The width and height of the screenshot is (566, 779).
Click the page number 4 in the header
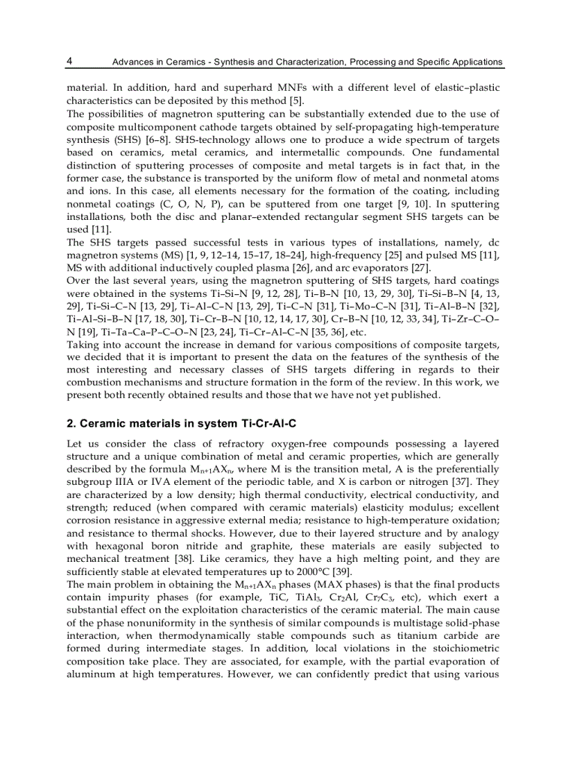point(69,61)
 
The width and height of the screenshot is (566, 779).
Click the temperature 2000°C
point(311,571)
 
